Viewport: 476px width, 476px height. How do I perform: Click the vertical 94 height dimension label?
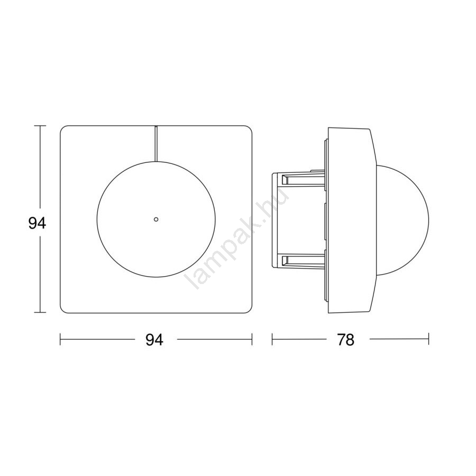[x=37, y=224]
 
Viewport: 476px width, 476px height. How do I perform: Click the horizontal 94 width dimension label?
[x=154, y=340]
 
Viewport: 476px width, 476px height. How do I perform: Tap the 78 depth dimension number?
[x=345, y=340]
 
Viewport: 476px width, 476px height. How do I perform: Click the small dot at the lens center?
[x=155, y=219]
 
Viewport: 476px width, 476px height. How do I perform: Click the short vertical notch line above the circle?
[x=155, y=143]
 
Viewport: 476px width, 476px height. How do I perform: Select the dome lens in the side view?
[x=428, y=219]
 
